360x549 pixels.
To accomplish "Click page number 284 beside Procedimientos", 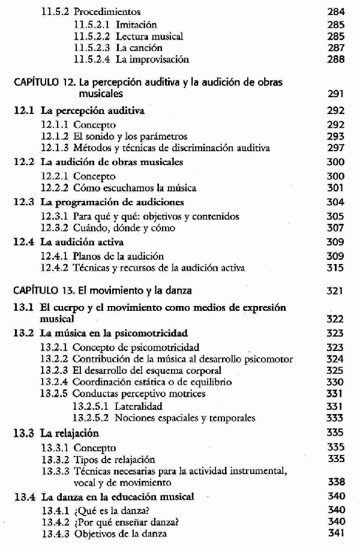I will point(335,11).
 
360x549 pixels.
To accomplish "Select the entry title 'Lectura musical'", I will point(149,37).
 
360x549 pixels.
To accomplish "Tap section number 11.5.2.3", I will point(93,48).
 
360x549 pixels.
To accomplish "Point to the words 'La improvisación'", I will point(152,59).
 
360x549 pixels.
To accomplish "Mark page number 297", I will point(336,148).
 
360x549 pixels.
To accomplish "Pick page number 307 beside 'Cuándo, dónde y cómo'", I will point(336,228).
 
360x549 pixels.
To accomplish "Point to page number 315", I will point(336,268).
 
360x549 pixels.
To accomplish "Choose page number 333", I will point(336,418).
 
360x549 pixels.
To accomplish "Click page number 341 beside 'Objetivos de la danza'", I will point(336,533).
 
